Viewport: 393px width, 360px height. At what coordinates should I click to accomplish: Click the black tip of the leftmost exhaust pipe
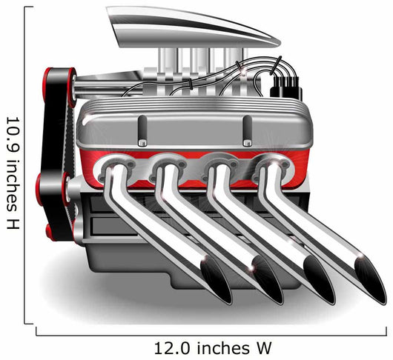217,281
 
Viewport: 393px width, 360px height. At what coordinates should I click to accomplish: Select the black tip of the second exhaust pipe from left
268,281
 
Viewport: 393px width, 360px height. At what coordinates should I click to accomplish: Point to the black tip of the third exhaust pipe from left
320,281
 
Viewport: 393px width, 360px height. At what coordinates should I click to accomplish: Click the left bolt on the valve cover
142,143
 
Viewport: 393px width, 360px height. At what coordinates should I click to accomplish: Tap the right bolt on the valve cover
248,143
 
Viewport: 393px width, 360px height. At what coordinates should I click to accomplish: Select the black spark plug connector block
286,87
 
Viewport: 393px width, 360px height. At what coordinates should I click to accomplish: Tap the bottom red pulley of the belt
50,233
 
